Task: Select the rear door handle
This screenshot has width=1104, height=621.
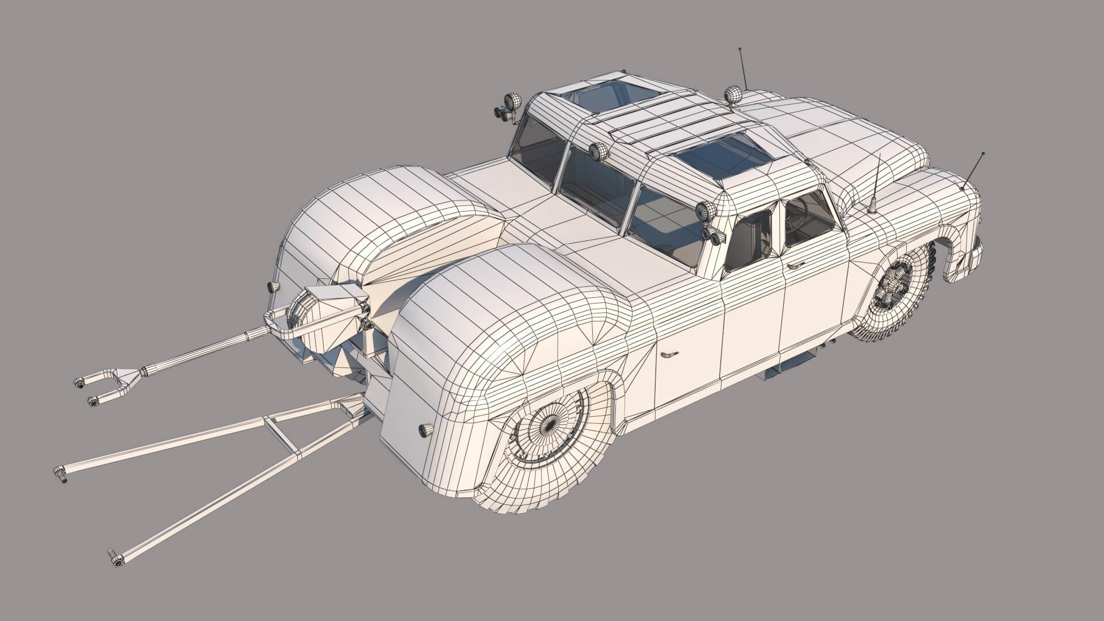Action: (669, 354)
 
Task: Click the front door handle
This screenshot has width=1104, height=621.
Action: (796, 266)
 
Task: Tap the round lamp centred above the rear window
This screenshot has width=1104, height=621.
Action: (599, 151)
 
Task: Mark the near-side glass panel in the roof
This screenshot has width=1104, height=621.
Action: (726, 156)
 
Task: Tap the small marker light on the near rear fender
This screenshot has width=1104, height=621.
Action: (426, 430)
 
